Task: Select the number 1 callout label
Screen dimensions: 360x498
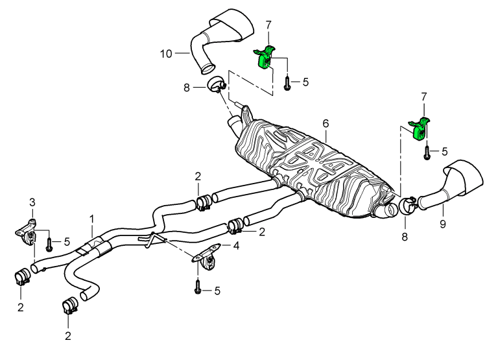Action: click(92, 220)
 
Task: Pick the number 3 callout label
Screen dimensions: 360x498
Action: click(30, 203)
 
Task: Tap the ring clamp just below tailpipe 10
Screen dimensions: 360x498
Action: click(215, 84)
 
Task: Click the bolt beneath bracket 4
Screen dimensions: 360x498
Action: click(198, 288)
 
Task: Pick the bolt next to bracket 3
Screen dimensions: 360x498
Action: click(49, 244)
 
